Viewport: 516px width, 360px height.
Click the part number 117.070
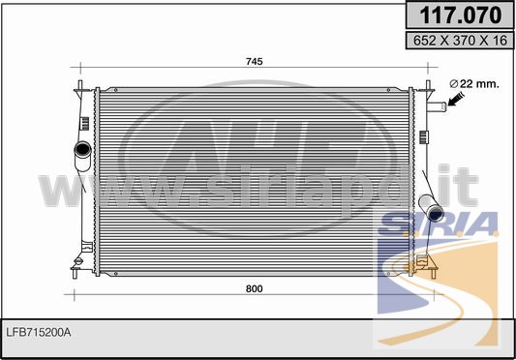[461, 15]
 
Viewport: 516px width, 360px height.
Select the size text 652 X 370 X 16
[460, 40]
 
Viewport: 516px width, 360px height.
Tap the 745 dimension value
[254, 62]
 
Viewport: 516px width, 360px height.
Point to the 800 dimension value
[254, 288]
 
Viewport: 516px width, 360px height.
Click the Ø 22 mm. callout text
[474, 84]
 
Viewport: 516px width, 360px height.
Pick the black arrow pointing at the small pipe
[456, 99]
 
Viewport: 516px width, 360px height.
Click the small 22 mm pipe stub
[437, 106]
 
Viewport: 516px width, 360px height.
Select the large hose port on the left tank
[82, 156]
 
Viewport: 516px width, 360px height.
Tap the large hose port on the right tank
[432, 208]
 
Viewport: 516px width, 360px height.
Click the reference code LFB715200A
[39, 333]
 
